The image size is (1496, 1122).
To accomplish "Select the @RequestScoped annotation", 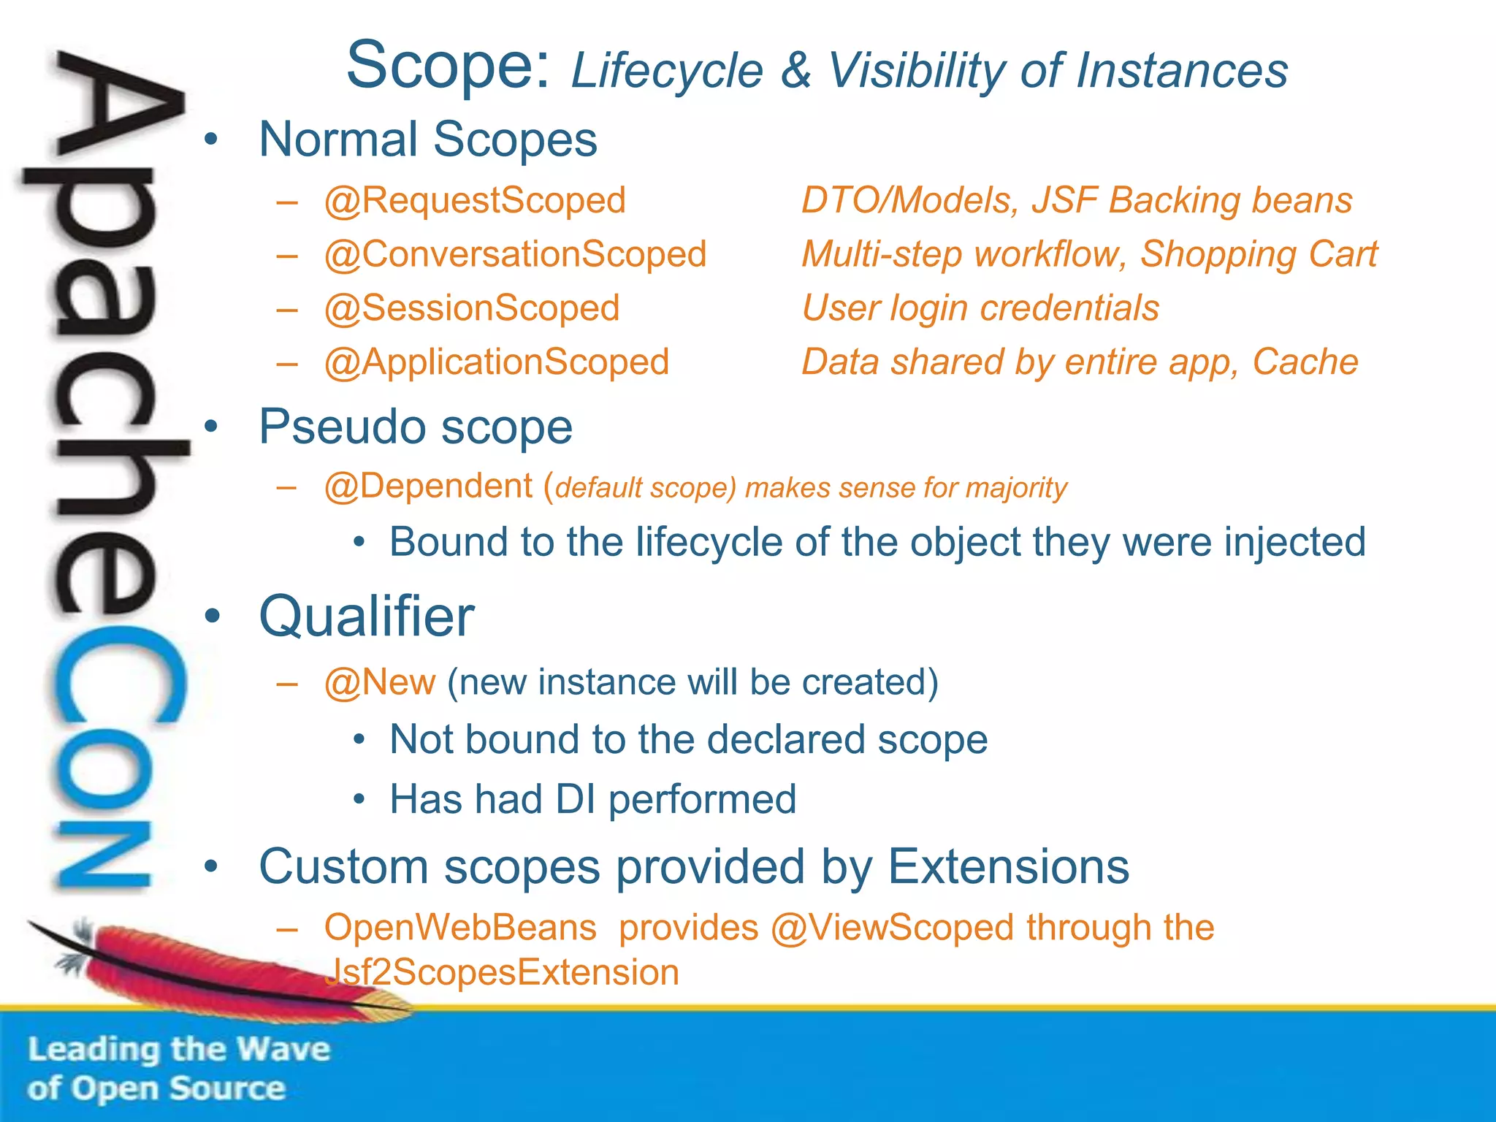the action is pos(475,201).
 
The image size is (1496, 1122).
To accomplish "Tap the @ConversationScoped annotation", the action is pos(515,255).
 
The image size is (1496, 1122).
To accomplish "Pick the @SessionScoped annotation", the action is pos(472,308).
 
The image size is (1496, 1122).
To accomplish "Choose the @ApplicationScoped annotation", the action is pos(497,362).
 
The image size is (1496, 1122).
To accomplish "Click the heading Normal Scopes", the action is pos(428,140).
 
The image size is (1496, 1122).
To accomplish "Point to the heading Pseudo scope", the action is pos(416,427).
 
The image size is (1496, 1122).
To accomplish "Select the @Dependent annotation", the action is pos(428,486).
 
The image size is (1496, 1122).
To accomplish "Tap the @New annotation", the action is pos(380,682).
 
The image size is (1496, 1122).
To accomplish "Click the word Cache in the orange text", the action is pos(1305,362).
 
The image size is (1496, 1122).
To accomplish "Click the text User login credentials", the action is pos(980,308).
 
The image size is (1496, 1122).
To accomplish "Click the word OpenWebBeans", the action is pos(460,928).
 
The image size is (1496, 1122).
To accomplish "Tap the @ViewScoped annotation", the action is pos(893,928).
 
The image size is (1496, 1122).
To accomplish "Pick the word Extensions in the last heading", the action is pos(1008,867).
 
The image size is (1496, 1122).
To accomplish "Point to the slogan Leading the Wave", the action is pos(179,1050).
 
